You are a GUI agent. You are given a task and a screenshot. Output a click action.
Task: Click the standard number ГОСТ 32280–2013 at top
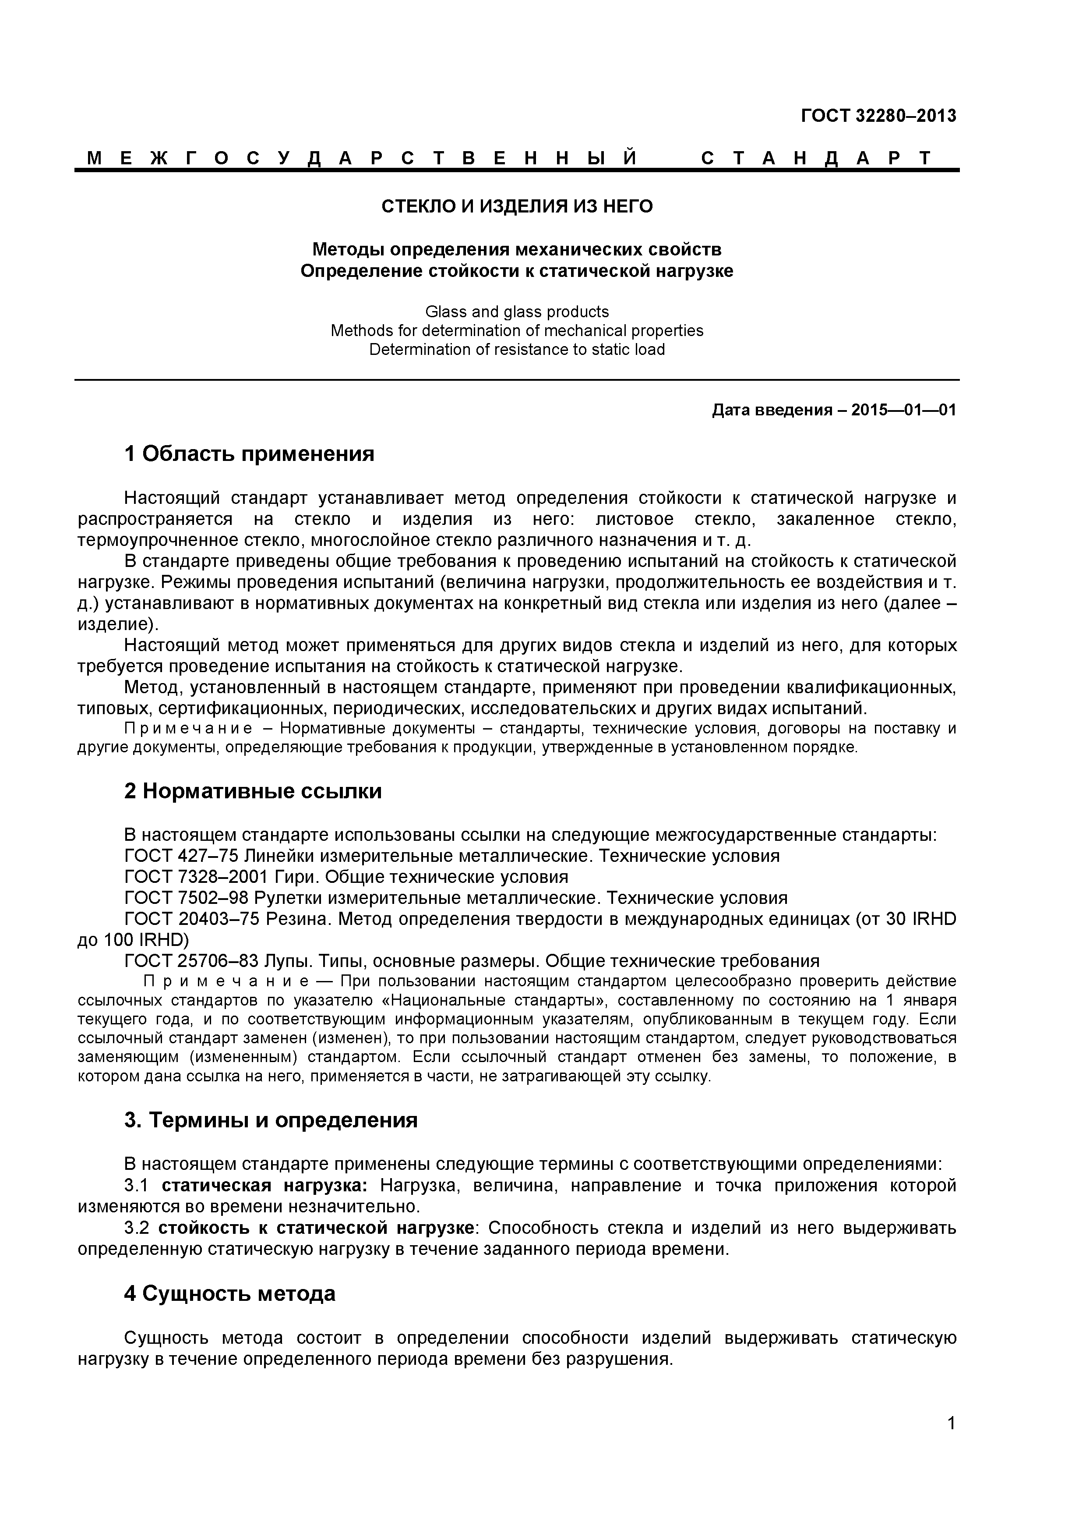click(878, 116)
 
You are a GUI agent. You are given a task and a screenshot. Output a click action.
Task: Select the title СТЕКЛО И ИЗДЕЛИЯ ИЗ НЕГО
click(517, 206)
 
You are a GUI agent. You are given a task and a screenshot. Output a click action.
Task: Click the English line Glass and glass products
click(517, 312)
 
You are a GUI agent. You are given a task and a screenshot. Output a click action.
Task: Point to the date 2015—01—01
click(903, 411)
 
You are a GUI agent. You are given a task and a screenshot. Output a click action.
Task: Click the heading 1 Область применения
click(249, 454)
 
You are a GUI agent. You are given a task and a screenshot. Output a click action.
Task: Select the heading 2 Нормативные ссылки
click(253, 791)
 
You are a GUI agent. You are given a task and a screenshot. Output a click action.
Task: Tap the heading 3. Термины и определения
click(271, 1121)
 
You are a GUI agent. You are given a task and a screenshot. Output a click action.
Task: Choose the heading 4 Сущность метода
click(229, 1294)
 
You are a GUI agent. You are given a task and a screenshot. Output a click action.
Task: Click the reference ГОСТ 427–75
click(181, 856)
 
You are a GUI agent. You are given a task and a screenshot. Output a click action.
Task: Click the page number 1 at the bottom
click(951, 1441)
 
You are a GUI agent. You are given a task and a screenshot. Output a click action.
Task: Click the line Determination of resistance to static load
click(517, 350)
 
